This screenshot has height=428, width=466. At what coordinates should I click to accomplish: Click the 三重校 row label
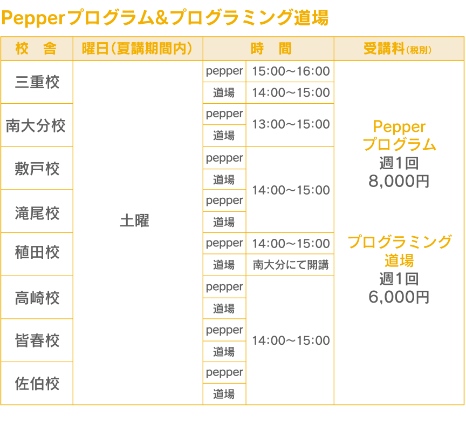click(x=37, y=82)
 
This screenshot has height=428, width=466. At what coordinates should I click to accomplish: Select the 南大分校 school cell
click(x=37, y=125)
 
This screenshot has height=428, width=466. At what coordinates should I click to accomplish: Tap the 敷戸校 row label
click(x=37, y=169)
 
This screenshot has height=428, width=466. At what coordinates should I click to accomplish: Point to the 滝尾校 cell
click(x=37, y=212)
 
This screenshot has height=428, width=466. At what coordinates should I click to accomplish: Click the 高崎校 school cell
click(x=37, y=298)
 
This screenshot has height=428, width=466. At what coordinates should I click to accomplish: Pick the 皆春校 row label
click(x=37, y=340)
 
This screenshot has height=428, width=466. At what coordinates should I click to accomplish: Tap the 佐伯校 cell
click(x=37, y=384)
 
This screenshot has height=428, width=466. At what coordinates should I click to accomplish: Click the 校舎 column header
click(x=37, y=49)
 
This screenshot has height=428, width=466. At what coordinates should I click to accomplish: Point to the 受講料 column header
click(x=398, y=49)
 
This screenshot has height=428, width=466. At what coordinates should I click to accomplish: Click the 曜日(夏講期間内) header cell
click(x=138, y=49)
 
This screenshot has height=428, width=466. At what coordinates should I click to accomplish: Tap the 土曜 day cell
click(x=134, y=221)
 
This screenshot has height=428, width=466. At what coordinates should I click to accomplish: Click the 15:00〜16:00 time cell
click(x=290, y=71)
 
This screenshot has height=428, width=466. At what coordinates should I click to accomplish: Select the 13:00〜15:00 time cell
click(x=290, y=124)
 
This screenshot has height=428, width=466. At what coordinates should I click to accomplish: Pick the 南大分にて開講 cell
click(x=290, y=265)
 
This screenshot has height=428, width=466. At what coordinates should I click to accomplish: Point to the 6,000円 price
click(x=399, y=297)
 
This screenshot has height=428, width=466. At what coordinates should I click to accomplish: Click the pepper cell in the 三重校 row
click(x=224, y=71)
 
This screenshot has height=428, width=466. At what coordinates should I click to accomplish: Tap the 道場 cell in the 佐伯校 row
click(x=224, y=394)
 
